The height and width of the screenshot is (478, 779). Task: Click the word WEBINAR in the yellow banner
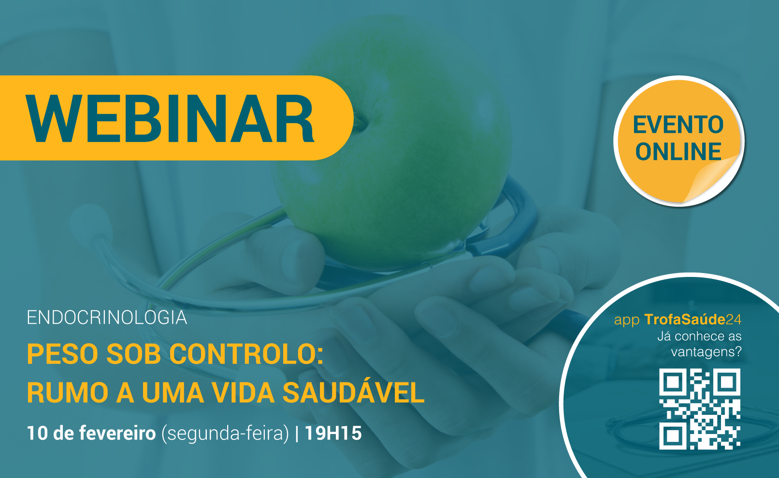[171, 118]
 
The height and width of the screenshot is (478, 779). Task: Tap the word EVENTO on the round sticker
[678, 125]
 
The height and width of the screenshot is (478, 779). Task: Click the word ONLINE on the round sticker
[678, 152]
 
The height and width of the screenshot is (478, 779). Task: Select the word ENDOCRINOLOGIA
[107, 318]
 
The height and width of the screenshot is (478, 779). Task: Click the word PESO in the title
[64, 354]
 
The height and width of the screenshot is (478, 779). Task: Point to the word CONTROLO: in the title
[246, 354]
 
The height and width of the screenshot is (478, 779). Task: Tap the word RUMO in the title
[68, 393]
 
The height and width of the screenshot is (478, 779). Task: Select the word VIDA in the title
[243, 393]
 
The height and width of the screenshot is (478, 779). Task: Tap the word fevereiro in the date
[117, 433]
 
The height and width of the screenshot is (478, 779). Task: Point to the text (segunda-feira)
[225, 434]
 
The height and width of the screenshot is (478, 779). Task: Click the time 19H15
[333, 433]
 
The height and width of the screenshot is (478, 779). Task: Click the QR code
[699, 409]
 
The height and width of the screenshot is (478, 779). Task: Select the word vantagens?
[706, 352]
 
